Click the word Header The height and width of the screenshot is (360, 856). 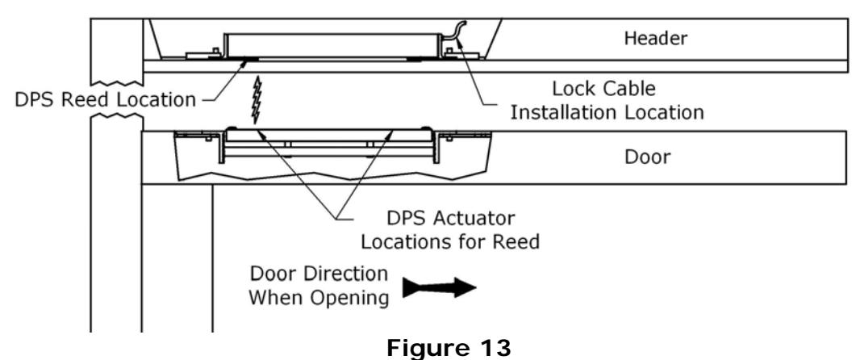pyautogui.click(x=656, y=38)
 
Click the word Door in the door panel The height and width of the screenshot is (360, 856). pyautogui.click(x=648, y=157)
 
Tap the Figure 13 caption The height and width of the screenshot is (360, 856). pyautogui.click(x=449, y=349)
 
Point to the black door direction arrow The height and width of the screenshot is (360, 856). pyautogui.click(x=440, y=287)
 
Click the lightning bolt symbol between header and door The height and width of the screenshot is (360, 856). pyautogui.click(x=256, y=100)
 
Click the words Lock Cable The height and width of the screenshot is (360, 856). pyautogui.click(x=603, y=89)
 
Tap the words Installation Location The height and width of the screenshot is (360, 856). pyautogui.click(x=607, y=112)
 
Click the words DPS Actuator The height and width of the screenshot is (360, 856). pyautogui.click(x=450, y=219)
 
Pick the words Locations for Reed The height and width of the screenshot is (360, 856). pyautogui.click(x=450, y=241)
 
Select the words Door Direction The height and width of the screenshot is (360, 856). pyautogui.click(x=319, y=274)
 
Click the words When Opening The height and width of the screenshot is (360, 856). pyautogui.click(x=319, y=298)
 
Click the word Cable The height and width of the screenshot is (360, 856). pyautogui.click(x=628, y=89)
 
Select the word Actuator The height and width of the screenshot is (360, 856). pyautogui.click(x=473, y=219)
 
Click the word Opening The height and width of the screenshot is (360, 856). pyautogui.click(x=353, y=299)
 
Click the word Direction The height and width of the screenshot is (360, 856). pyautogui.click(x=344, y=274)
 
